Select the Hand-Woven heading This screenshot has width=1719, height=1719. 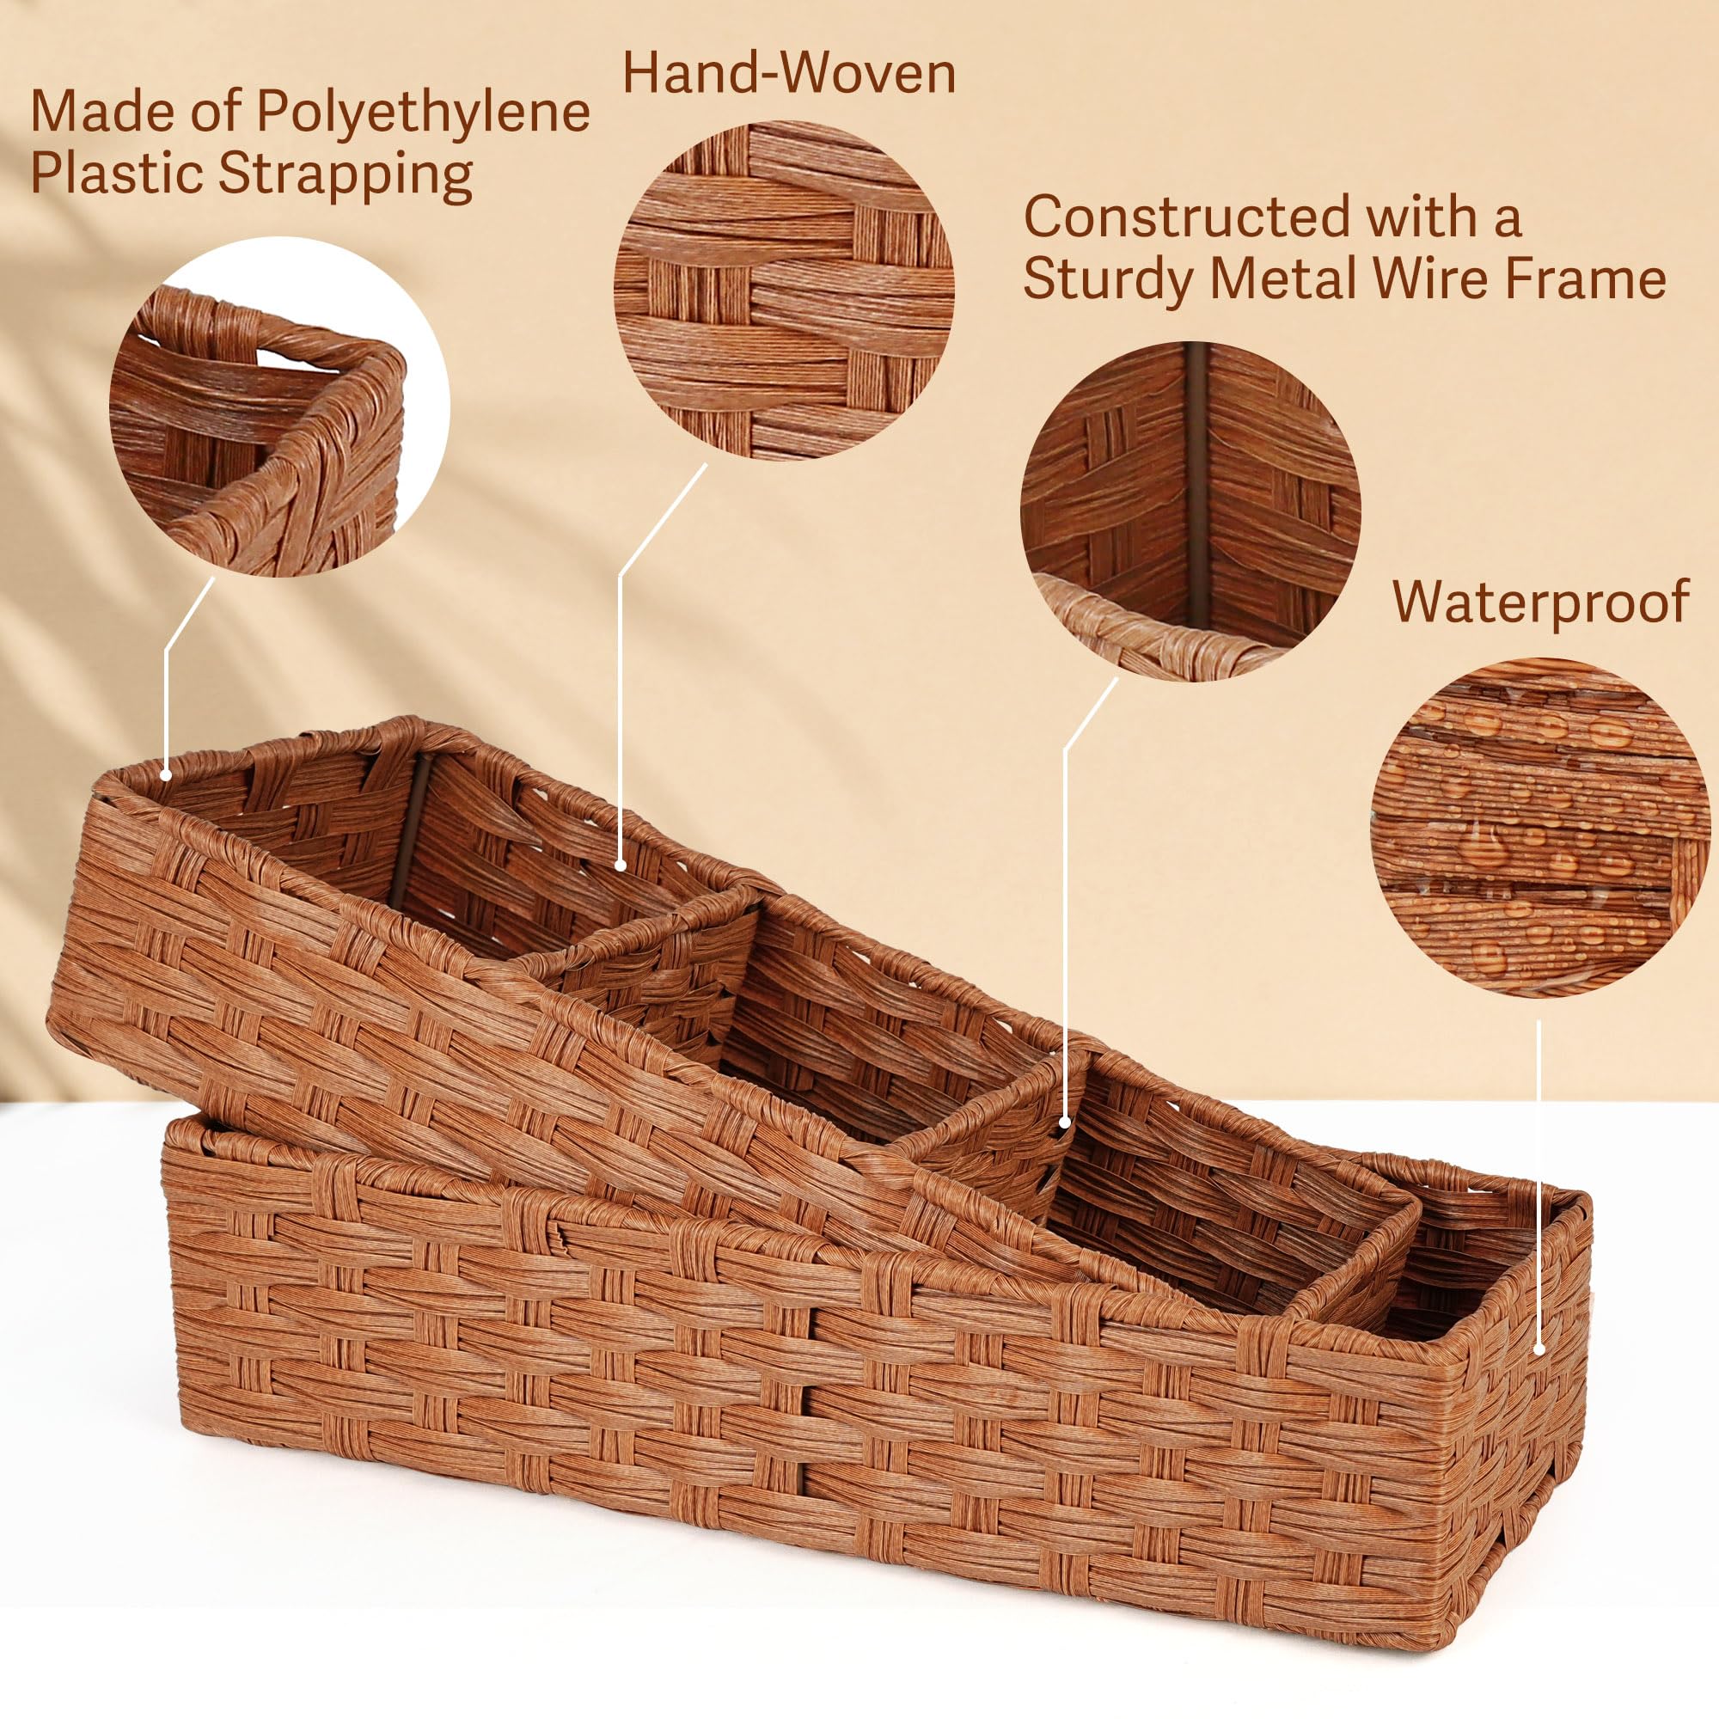(x=788, y=74)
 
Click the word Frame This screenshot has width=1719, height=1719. (x=1592, y=278)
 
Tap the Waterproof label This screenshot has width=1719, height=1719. (x=1540, y=602)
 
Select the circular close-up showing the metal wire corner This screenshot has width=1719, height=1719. (x=1190, y=511)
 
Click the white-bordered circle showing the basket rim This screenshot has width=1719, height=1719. (x=279, y=407)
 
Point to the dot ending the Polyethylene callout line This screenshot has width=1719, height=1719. (x=167, y=775)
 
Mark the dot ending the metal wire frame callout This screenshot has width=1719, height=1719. (x=1066, y=1124)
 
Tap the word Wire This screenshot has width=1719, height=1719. (x=1457, y=278)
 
